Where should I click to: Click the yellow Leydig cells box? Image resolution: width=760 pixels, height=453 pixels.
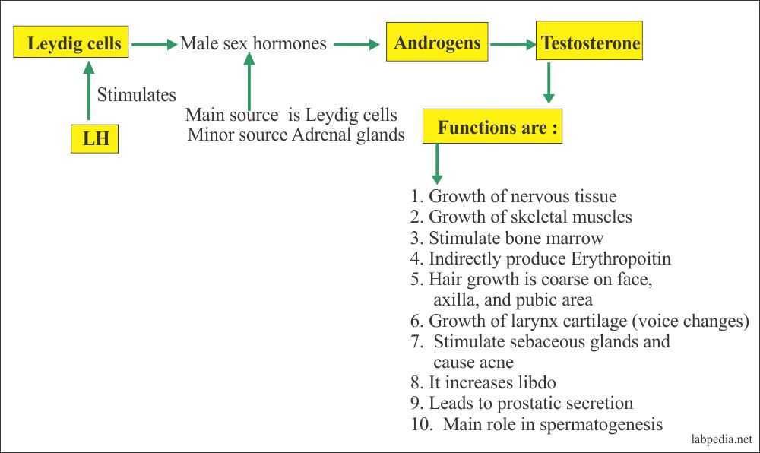(x=71, y=42)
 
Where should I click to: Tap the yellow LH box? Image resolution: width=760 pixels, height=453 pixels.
(x=94, y=138)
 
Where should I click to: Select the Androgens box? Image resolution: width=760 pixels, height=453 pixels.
(x=437, y=42)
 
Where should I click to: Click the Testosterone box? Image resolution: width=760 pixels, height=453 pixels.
(x=589, y=41)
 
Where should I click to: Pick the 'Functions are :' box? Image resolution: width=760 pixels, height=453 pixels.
(x=492, y=126)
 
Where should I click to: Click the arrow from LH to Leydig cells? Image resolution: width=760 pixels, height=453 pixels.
(x=89, y=90)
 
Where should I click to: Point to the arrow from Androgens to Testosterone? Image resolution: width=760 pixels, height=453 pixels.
(x=512, y=45)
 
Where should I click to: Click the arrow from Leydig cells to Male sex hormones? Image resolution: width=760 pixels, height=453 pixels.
(x=154, y=45)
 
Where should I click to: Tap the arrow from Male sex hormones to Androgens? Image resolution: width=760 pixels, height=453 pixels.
(x=356, y=45)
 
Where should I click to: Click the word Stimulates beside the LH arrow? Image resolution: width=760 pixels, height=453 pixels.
(x=137, y=94)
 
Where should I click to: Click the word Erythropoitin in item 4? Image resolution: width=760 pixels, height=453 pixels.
(x=621, y=259)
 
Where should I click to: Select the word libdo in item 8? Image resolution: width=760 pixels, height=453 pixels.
(x=537, y=382)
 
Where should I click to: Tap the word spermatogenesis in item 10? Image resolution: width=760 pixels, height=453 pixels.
(x=601, y=424)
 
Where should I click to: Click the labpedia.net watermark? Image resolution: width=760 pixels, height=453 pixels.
(x=722, y=439)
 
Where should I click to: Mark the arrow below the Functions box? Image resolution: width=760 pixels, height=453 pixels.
(x=437, y=163)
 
